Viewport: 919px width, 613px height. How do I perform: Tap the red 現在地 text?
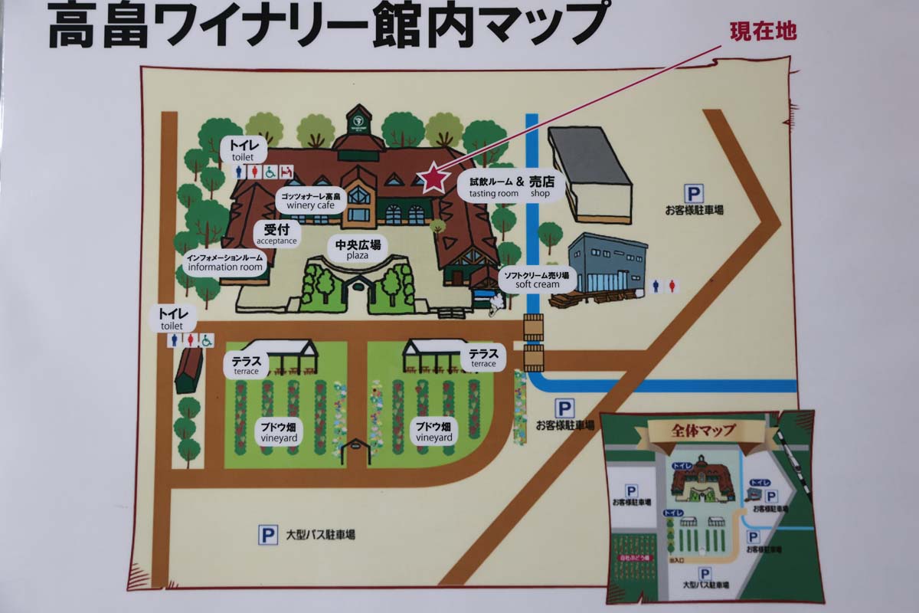[763, 31]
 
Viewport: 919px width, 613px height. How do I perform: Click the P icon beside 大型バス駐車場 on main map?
[267, 535]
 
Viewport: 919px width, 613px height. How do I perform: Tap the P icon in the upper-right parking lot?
[694, 194]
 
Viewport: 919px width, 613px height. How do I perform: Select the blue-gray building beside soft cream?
[607, 264]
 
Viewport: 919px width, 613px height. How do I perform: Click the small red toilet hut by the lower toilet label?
[188, 371]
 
